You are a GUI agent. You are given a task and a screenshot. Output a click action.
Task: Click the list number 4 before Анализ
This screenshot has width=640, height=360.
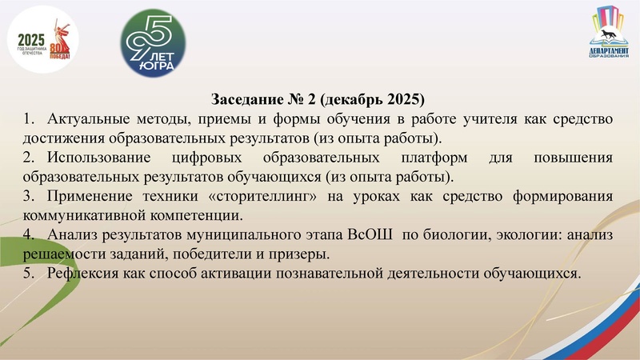(28, 235)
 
